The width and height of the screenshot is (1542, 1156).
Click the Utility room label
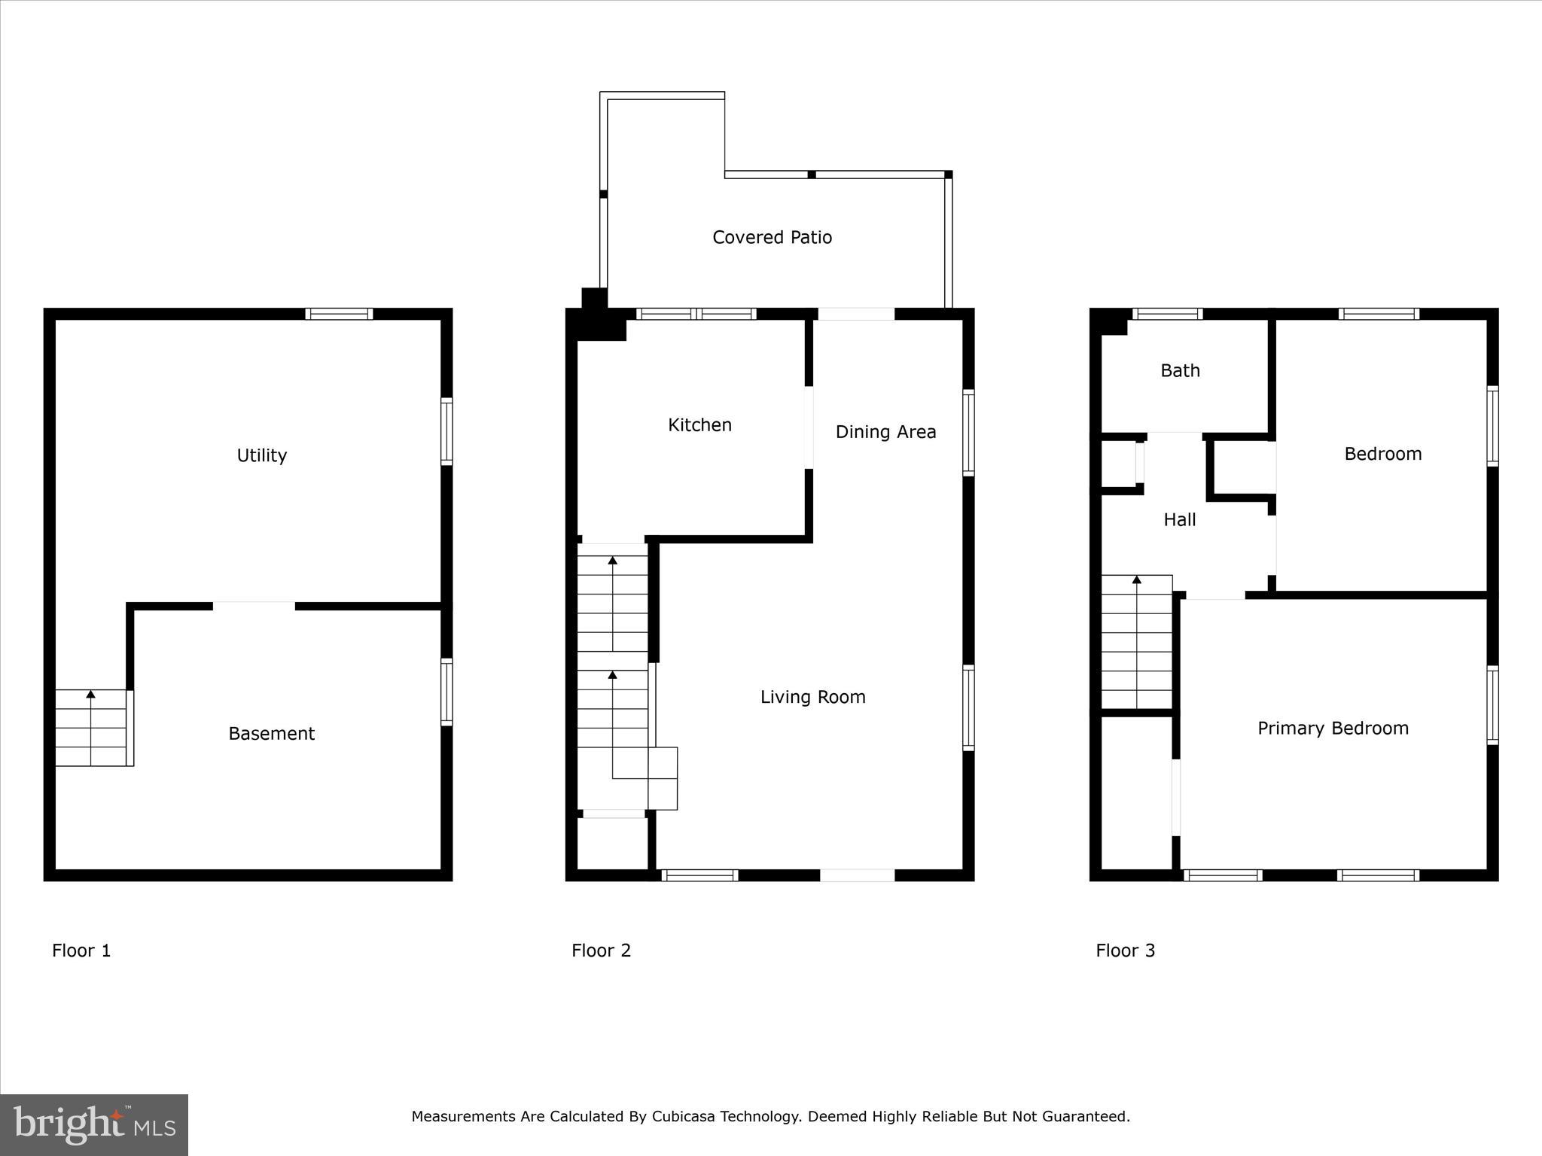261,455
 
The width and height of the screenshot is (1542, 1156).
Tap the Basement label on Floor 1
271,733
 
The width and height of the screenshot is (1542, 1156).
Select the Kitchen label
699,424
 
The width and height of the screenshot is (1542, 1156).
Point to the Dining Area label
885,432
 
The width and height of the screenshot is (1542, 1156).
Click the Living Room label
812,697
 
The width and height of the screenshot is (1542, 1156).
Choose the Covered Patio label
772,237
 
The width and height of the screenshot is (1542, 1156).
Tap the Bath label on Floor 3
1180,370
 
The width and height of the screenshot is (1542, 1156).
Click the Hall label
1179,519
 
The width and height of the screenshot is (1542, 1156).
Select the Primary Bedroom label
1333,729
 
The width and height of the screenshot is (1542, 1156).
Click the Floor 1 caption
81,951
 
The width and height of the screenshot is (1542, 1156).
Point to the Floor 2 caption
601,951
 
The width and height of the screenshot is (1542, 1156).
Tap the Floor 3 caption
1125,951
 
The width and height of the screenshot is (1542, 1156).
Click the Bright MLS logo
94,1125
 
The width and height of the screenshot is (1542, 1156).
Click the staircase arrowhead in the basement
91,694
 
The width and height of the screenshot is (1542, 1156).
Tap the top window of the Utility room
339,314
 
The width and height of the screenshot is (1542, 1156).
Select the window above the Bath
1167,314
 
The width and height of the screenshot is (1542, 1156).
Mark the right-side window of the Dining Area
969,433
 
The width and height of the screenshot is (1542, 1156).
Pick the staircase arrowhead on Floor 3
1137,580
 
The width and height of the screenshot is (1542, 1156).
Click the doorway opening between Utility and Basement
254,606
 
